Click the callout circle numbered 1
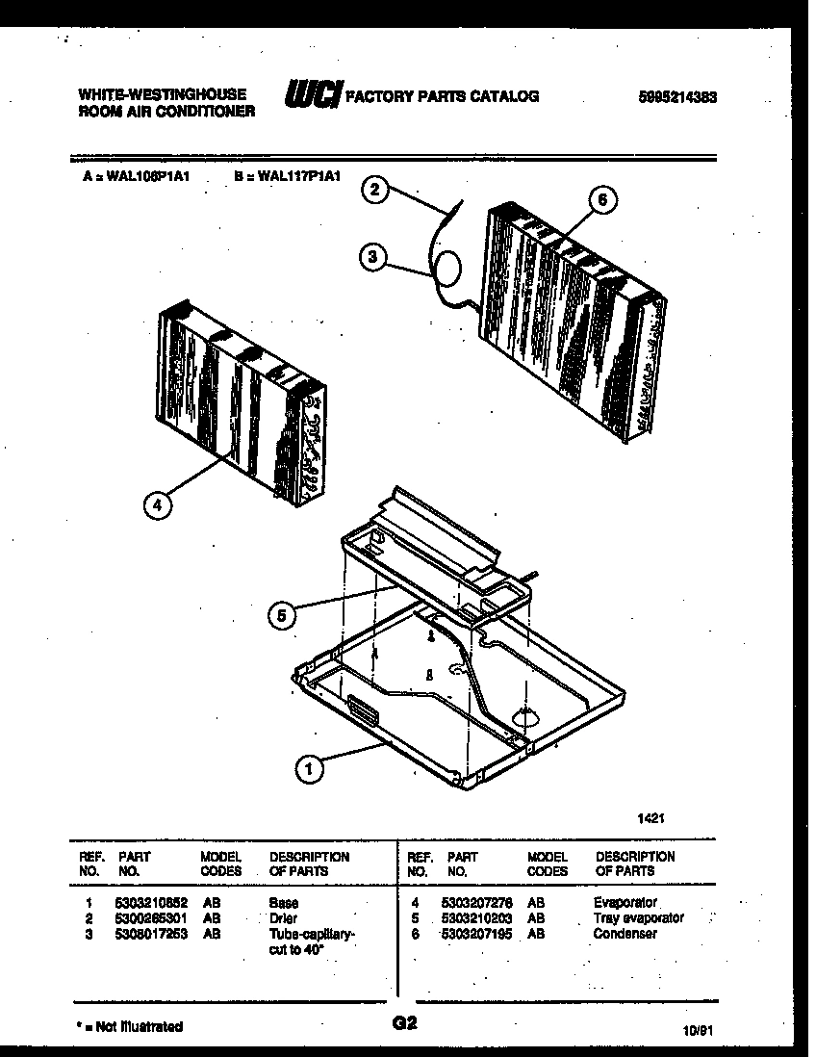click(310, 768)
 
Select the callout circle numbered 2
click(377, 190)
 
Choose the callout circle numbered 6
click(602, 199)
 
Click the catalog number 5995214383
click(678, 96)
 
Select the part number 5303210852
click(152, 903)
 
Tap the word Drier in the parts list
click(283, 918)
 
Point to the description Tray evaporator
click(638, 918)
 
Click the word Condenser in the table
click(625, 934)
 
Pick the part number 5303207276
click(477, 903)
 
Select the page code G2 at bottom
click(405, 1024)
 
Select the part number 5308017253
click(152, 934)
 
